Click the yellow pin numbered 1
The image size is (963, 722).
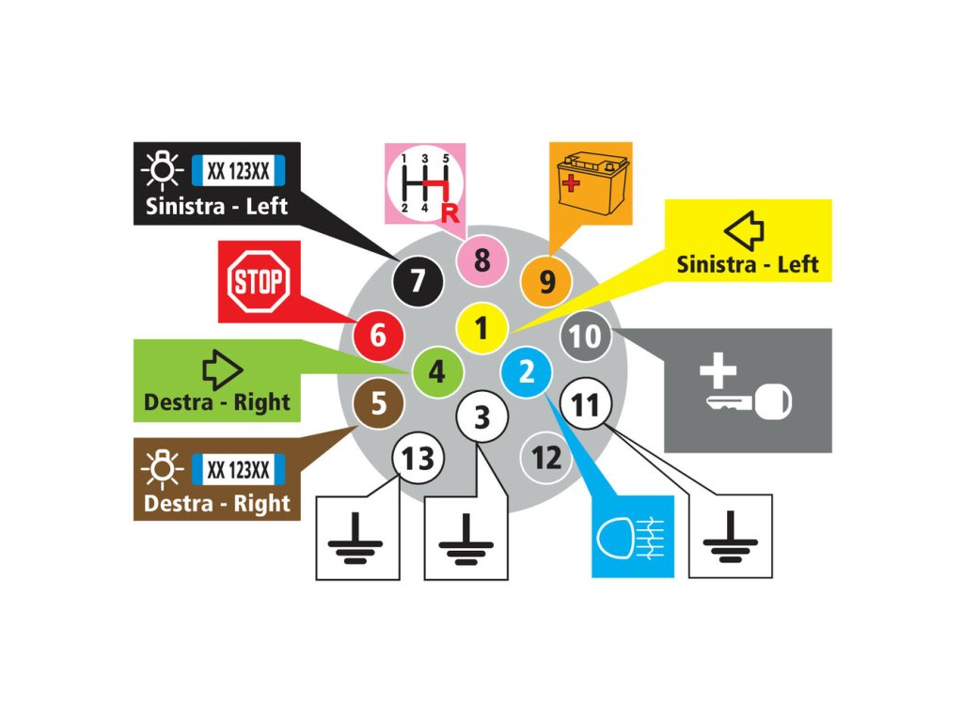[x=481, y=328]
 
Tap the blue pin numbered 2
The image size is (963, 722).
[x=527, y=372]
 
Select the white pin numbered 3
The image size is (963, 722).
[x=481, y=416]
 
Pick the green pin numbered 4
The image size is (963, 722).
[x=437, y=372]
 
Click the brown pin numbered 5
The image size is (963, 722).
[x=378, y=404]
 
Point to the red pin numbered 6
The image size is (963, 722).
[x=378, y=334]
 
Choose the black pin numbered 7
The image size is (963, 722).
[x=418, y=279]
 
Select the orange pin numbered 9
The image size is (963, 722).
[x=547, y=280]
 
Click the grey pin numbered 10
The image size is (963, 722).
[x=585, y=336]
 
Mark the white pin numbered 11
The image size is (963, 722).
[x=585, y=405]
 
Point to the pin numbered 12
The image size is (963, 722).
[x=546, y=458]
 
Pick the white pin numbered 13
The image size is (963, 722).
[x=418, y=459]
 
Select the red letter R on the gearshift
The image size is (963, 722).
[x=449, y=212]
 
